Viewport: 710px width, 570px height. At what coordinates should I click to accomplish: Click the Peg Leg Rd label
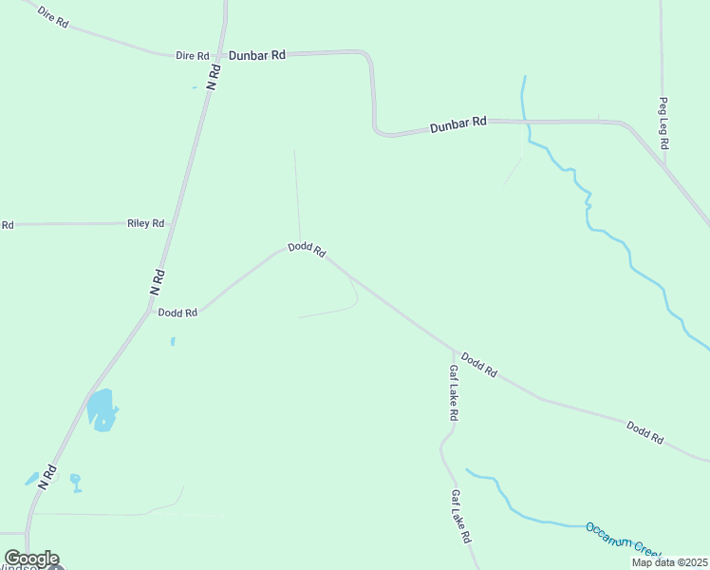point(664,123)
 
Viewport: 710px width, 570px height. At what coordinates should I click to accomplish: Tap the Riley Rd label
point(145,223)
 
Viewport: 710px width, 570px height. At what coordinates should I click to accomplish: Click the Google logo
point(31,559)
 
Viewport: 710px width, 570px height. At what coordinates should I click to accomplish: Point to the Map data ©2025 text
point(669,562)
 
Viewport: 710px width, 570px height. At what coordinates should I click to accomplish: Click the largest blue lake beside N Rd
point(101,409)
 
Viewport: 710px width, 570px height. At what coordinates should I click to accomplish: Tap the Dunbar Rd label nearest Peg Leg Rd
point(458,123)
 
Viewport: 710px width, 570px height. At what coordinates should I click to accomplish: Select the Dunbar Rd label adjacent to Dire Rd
point(256,56)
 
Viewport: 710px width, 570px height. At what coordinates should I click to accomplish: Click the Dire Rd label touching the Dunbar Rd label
point(192,56)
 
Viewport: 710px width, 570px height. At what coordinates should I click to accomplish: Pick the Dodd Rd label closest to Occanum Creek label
point(645,433)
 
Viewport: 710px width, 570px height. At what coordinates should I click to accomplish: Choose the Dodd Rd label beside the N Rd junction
point(177,313)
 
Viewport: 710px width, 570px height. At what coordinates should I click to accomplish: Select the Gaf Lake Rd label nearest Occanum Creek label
point(461,516)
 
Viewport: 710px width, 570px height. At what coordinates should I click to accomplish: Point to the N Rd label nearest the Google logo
point(49,476)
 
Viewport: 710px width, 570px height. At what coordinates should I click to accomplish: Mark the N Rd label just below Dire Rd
point(215,77)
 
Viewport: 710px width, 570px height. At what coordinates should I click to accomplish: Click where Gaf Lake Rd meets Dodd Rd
point(455,350)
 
